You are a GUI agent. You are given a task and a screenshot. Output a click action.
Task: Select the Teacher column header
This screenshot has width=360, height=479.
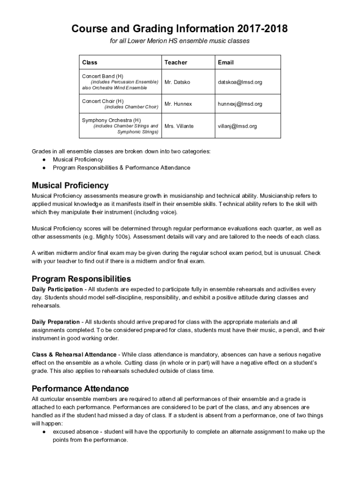click(176, 62)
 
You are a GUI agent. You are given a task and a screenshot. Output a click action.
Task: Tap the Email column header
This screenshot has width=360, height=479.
click(225, 62)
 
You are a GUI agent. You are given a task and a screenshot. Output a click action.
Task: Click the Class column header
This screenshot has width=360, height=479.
click(90, 62)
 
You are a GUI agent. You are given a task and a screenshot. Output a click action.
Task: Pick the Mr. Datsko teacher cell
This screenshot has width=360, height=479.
click(178, 82)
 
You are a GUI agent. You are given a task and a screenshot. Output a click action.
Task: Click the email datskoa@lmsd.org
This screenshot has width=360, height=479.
click(240, 82)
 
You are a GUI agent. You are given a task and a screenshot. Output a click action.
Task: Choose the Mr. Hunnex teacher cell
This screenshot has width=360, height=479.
click(178, 104)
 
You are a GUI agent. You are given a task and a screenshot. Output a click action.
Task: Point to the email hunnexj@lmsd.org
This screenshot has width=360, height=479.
click(240, 104)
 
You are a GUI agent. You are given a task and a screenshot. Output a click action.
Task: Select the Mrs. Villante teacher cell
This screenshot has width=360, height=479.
click(179, 126)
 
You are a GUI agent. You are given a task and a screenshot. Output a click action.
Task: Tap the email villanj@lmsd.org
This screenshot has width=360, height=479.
click(237, 126)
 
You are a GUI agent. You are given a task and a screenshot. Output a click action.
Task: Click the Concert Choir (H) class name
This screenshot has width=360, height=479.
click(103, 101)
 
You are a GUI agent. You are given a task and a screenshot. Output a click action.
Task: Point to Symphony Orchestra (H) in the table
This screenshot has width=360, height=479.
click(111, 120)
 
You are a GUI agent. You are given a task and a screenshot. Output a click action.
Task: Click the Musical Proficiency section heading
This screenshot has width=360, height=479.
click(70, 186)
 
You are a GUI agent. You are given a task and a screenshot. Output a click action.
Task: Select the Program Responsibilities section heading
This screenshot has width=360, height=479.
click(81, 279)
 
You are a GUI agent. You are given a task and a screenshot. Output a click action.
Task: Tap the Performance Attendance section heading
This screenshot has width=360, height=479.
click(80, 389)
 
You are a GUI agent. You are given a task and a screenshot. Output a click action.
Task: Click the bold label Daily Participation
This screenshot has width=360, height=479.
click(57, 289)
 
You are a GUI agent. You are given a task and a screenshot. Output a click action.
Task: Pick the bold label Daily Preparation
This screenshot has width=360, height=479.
click(56, 322)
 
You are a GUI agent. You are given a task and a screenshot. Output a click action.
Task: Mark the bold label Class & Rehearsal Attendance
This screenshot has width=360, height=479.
click(74, 355)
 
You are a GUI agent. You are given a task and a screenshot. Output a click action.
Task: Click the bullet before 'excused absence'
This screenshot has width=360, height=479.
click(43, 432)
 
